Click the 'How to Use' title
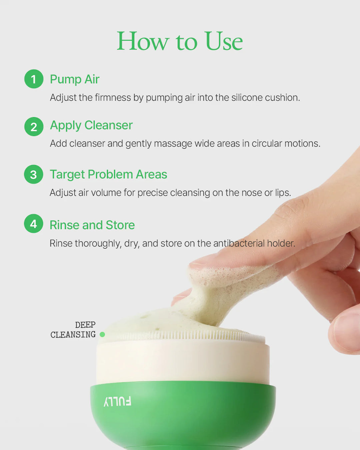click(x=180, y=41)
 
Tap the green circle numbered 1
click(x=34, y=79)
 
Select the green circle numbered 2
click(x=34, y=127)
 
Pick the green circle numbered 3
click(x=34, y=174)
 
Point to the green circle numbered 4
click(x=34, y=224)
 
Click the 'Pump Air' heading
click(x=75, y=79)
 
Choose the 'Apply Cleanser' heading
click(x=91, y=125)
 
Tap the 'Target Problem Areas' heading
click(x=108, y=174)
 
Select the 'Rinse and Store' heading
click(x=92, y=225)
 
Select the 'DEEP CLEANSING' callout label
click(x=73, y=330)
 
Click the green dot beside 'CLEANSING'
click(x=102, y=334)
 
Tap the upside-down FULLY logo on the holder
click(x=117, y=401)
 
